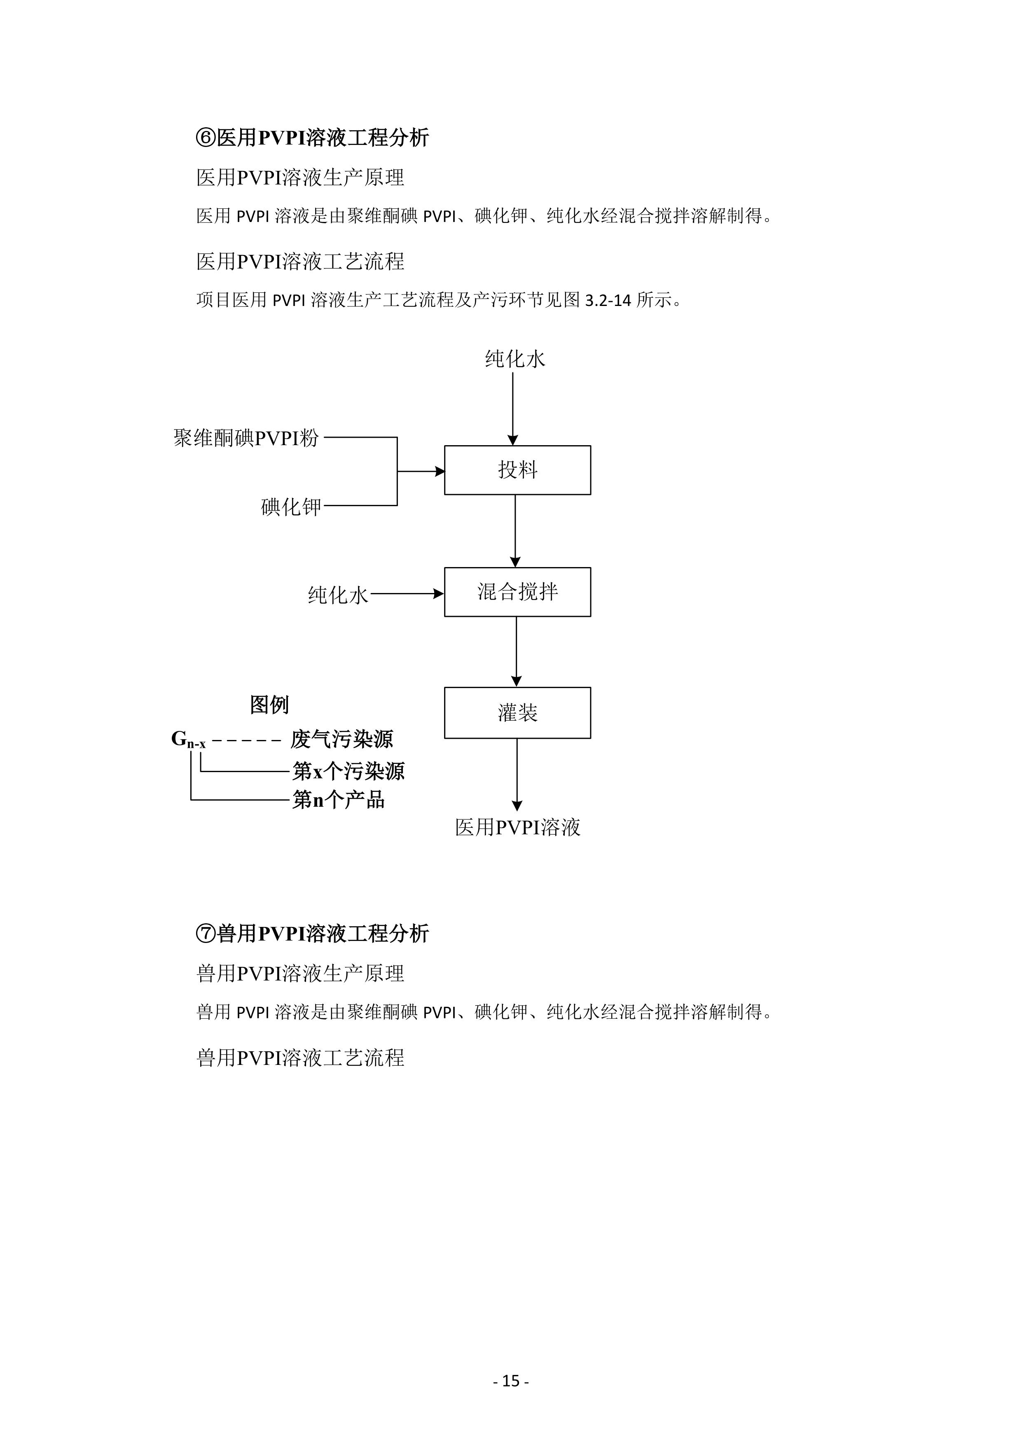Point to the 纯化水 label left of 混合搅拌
point(338,595)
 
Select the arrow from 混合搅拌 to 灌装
point(516,652)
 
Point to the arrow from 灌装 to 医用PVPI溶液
point(517,775)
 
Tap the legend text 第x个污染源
point(348,771)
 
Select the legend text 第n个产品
point(338,800)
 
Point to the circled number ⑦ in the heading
point(206,933)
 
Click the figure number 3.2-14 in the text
point(608,300)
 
